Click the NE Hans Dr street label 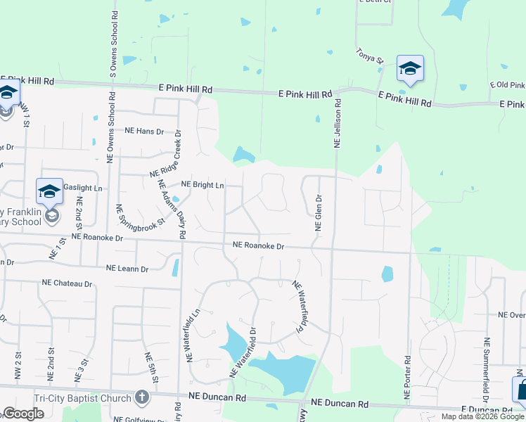tap(144, 132)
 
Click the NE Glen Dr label tap(318, 213)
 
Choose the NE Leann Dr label tap(127, 269)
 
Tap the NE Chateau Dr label tap(67, 283)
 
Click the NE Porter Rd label tap(407, 369)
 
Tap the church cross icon tap(142, 397)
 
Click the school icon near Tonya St tap(410, 68)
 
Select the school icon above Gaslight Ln tap(50, 191)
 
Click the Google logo tap(23, 414)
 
